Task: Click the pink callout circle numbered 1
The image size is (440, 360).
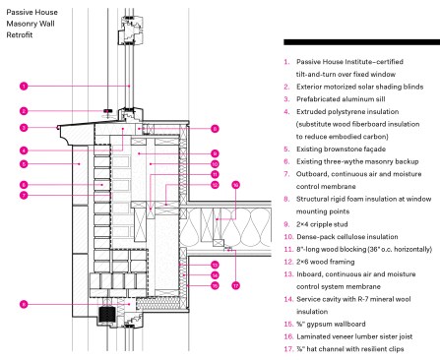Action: (x=24, y=87)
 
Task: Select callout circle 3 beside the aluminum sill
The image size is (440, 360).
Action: (x=24, y=128)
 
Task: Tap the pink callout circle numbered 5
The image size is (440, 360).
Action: (x=24, y=164)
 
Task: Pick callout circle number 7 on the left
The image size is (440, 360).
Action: (x=24, y=196)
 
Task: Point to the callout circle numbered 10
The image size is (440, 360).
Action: (x=215, y=164)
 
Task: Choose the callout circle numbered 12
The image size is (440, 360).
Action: (x=215, y=185)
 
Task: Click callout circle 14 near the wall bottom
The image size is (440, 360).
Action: (x=215, y=275)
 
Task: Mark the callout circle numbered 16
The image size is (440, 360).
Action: (x=235, y=185)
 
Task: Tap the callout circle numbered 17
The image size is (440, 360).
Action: (x=235, y=285)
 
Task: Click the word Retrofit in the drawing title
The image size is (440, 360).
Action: (x=20, y=34)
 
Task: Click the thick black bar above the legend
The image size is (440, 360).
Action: (x=361, y=42)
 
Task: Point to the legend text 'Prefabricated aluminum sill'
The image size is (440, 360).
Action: (x=341, y=99)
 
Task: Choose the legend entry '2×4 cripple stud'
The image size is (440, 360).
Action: (x=322, y=224)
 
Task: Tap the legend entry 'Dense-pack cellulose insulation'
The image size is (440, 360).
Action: (x=347, y=237)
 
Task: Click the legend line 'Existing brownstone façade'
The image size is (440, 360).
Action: (x=341, y=150)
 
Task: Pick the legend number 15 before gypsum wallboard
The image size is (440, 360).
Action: (x=288, y=324)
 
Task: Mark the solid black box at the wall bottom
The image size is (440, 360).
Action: (x=106, y=315)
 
